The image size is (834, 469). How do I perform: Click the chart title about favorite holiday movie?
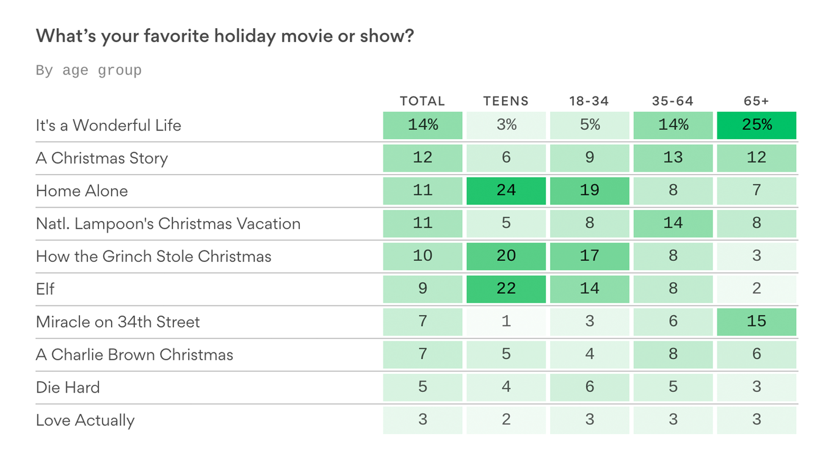click(x=225, y=36)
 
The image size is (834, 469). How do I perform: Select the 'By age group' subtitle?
click(x=89, y=70)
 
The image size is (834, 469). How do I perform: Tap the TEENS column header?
click(x=506, y=101)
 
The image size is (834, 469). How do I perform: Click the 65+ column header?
click(x=756, y=101)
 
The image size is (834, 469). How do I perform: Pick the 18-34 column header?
click(x=589, y=101)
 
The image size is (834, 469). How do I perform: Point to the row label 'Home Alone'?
click(x=82, y=191)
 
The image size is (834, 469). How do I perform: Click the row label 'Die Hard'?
click(x=68, y=387)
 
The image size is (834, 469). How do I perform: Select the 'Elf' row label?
click(x=45, y=289)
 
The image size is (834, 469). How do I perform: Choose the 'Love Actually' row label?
click(x=85, y=420)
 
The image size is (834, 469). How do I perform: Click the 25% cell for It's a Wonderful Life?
click(x=756, y=125)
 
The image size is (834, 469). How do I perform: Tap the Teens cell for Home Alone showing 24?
click(x=506, y=191)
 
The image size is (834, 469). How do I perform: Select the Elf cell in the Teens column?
click(x=506, y=289)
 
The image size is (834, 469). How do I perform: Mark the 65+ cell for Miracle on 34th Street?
click(x=756, y=322)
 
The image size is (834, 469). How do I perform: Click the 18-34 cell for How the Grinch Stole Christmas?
click(x=589, y=256)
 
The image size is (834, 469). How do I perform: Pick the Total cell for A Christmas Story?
click(x=422, y=158)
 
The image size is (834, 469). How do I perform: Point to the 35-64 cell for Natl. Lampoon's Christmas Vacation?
click(x=673, y=224)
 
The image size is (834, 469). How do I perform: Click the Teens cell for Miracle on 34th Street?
click(x=506, y=322)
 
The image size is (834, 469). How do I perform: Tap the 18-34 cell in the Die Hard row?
click(x=589, y=387)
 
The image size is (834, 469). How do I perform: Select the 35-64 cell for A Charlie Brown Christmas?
click(x=673, y=354)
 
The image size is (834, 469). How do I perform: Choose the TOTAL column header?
click(x=422, y=101)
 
